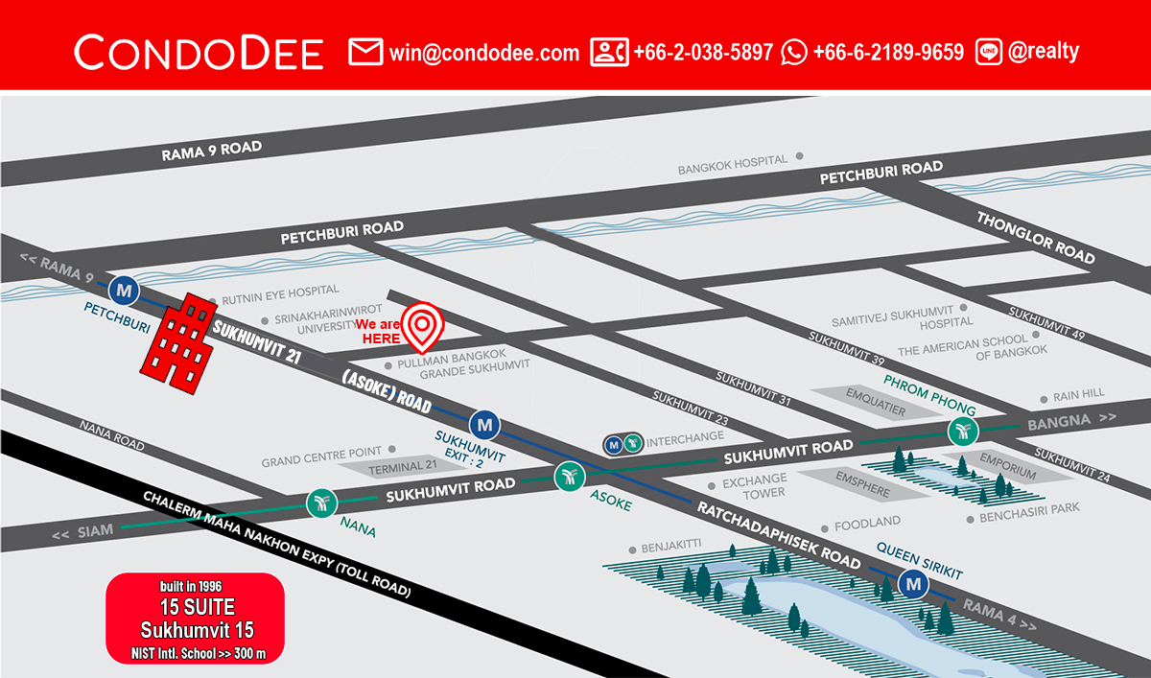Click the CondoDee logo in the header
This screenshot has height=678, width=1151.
[x=199, y=52]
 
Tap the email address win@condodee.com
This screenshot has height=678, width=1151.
[x=483, y=53]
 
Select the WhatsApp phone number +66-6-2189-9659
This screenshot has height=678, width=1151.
[x=887, y=53]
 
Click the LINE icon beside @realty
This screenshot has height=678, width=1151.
[x=989, y=52]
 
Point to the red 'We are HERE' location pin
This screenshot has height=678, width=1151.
[x=422, y=324]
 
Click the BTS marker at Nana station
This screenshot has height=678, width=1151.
[x=320, y=502]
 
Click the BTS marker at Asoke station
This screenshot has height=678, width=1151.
[x=569, y=476]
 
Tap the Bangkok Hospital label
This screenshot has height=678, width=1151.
[x=733, y=169]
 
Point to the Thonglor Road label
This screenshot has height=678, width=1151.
[x=1035, y=237]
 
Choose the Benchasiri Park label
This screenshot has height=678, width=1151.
[x=1029, y=518]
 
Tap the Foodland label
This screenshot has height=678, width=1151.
[x=867, y=523]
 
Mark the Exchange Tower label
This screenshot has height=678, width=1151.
[x=754, y=485]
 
